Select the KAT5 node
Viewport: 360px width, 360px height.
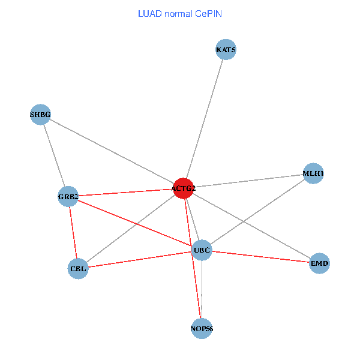coord(226,50)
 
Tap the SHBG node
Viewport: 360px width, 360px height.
coord(40,114)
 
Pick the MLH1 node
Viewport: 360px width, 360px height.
coord(313,173)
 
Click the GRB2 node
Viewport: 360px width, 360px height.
coord(68,196)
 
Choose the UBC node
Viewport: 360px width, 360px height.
coord(202,250)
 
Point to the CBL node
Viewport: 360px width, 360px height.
coord(78,268)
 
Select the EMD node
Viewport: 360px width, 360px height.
coord(320,263)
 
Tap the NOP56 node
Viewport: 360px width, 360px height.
coord(202,329)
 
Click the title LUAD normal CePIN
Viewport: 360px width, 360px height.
coord(180,13)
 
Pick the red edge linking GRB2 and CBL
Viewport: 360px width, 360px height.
coord(73,232)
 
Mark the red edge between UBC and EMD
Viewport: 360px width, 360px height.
coord(260,256)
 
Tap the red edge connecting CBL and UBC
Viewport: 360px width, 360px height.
coord(140,259)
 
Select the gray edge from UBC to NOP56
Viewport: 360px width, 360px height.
coord(202,289)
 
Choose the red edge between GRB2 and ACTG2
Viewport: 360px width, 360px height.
coord(125,192)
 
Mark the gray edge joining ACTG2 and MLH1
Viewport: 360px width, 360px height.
coord(248,181)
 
